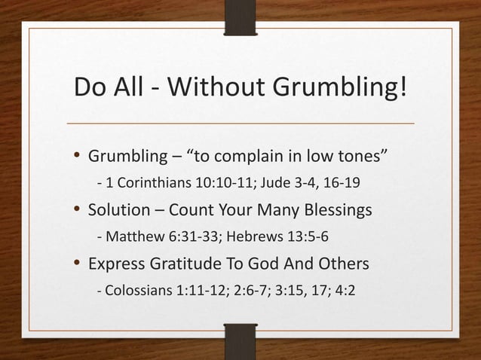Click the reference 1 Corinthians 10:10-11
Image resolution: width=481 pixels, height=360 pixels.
171,185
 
